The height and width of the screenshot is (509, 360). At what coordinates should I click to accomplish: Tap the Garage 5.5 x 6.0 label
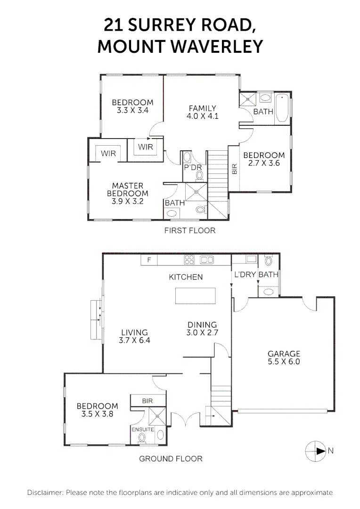284,358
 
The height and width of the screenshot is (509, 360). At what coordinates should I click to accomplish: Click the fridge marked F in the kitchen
149,260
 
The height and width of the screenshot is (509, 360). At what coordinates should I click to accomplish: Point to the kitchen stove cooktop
190,260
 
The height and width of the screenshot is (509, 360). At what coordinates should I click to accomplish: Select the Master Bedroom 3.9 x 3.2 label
127,193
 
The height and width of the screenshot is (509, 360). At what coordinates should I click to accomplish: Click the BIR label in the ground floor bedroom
148,401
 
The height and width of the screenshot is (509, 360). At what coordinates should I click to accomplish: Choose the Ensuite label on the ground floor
143,429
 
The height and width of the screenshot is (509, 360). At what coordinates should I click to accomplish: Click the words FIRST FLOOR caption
189,230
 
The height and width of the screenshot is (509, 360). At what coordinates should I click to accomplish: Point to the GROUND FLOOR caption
171,459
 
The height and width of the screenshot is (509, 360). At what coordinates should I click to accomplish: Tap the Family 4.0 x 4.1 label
202,112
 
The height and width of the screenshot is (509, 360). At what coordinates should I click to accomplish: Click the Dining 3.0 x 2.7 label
202,328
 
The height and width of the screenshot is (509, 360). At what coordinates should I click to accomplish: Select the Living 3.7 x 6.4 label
134,336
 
